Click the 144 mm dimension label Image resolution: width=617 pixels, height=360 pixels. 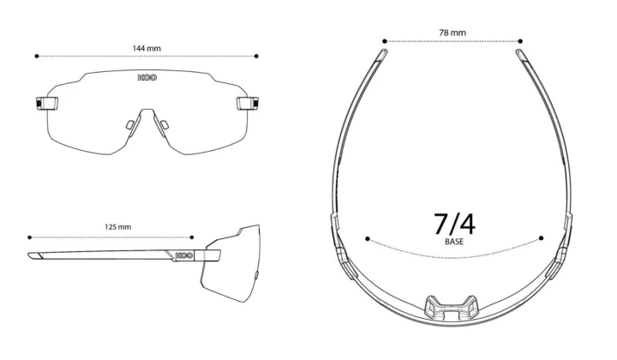pos(147,48)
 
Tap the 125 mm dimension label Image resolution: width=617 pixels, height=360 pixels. pos(118,227)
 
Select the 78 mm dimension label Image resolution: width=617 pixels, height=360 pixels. pos(452,33)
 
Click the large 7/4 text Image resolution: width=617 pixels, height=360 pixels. pos(454,224)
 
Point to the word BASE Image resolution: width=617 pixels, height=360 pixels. pos(454,242)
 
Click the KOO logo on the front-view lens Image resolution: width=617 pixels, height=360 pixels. pos(147,77)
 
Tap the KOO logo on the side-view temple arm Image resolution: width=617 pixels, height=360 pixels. pos(184,255)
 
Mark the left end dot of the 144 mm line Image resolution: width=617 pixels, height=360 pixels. pos(37,57)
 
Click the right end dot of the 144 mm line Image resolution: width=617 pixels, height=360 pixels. pos(256,57)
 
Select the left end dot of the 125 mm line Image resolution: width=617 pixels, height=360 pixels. pos(29,237)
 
